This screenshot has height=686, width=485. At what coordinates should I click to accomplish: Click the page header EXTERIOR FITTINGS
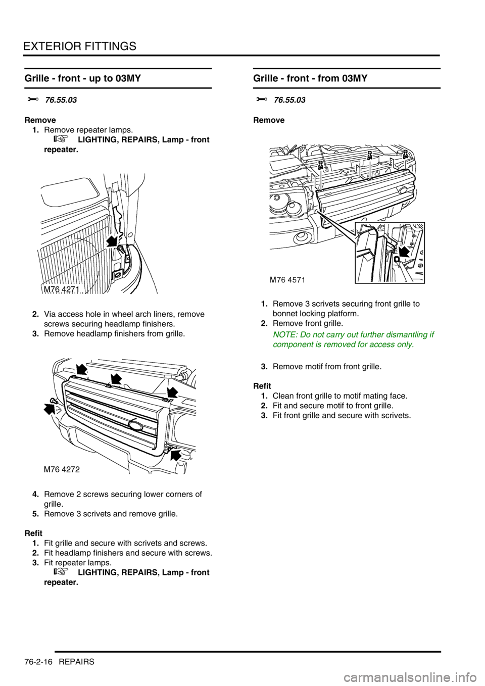80,46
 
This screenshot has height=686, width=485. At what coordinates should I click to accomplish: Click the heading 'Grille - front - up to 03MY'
83,79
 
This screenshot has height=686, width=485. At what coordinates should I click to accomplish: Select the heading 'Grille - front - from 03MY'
311,79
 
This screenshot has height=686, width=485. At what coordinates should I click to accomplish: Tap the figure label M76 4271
60,289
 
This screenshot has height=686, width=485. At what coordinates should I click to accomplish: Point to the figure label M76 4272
62,470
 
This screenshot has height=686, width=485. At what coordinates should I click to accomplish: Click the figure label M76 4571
287,280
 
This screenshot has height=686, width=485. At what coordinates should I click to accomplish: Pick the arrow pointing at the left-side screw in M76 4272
50,408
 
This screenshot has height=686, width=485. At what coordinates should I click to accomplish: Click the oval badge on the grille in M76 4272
134,424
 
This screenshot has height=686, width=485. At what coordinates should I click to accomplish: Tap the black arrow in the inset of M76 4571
404,252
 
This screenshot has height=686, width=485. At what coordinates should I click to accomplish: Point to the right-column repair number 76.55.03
289,101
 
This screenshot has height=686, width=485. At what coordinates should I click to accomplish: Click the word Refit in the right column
262,386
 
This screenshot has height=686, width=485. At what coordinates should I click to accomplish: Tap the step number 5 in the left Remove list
34,514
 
